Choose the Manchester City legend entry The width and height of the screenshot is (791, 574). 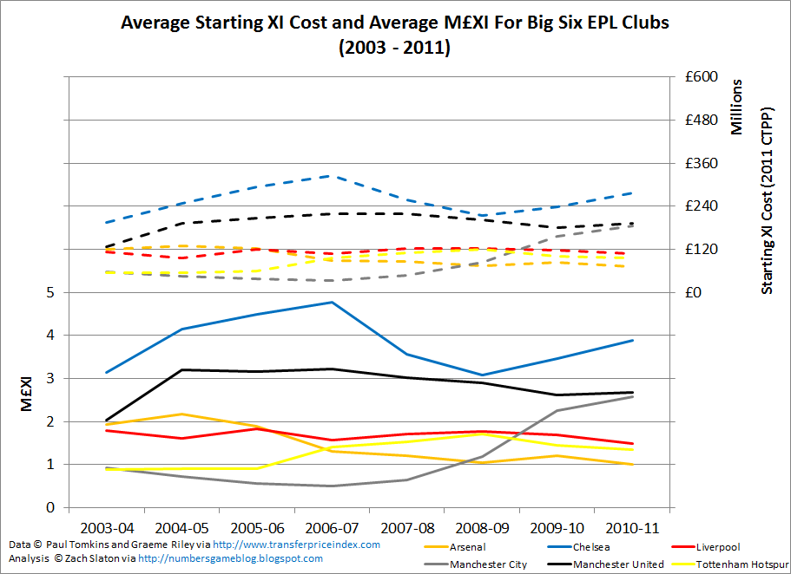click(489, 564)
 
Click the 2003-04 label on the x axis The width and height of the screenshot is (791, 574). click(108, 527)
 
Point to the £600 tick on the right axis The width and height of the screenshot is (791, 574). click(700, 77)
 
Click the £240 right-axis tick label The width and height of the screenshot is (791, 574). click(700, 206)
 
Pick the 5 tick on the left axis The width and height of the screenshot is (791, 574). click(50, 293)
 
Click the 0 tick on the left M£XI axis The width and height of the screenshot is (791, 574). click(50, 508)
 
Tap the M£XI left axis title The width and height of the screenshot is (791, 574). click(26, 400)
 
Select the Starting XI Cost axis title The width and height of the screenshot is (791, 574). click(767, 201)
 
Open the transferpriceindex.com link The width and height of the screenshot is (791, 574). click(296, 545)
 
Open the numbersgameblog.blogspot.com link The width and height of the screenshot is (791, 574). click(230, 558)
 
